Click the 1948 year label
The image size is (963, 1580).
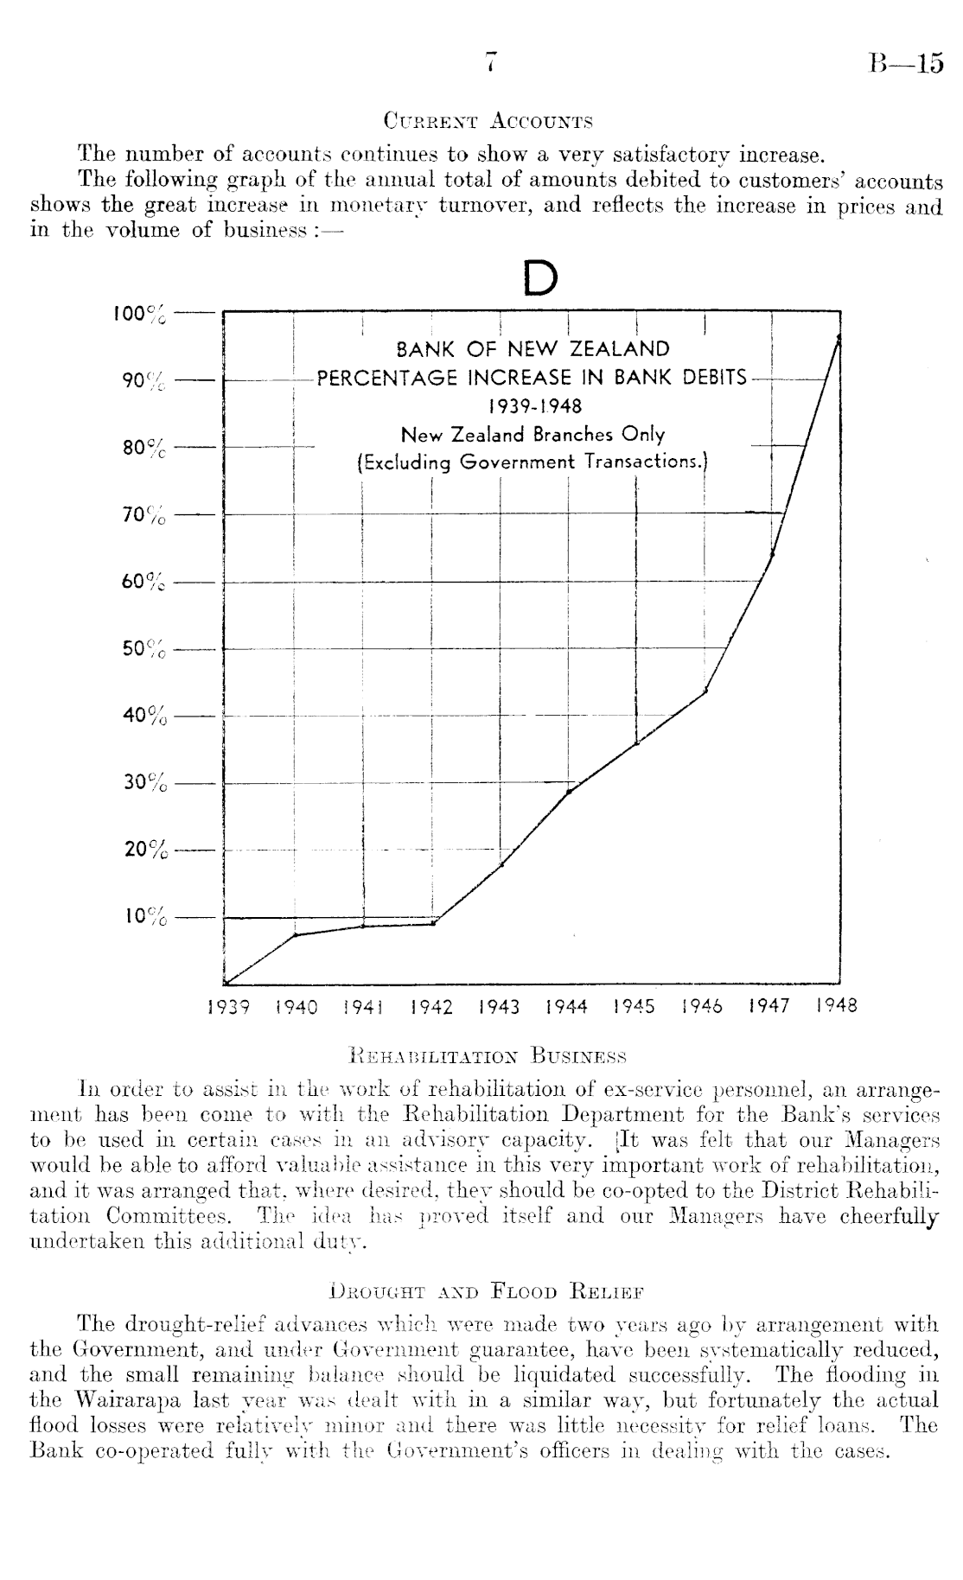point(837,1005)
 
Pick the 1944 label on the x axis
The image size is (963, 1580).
point(567,1007)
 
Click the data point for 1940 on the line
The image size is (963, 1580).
point(295,935)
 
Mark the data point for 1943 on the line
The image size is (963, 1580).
point(501,864)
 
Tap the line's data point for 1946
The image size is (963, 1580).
point(705,691)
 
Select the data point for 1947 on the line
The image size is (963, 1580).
point(772,553)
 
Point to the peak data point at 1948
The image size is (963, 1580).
point(839,337)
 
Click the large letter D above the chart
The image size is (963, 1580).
point(540,278)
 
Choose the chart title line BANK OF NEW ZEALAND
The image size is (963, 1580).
point(533,350)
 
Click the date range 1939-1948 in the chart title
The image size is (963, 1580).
point(533,405)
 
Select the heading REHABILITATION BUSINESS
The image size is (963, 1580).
point(487,1056)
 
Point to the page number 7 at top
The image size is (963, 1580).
point(491,63)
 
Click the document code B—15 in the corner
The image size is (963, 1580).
point(906,64)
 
